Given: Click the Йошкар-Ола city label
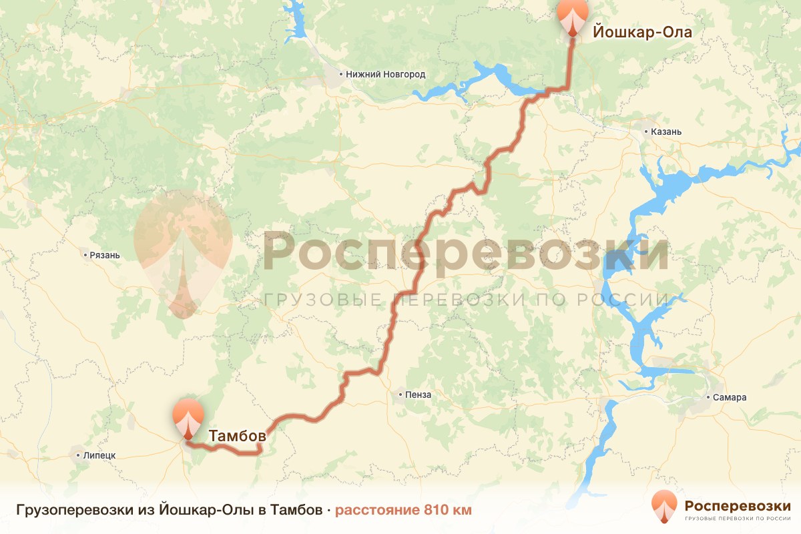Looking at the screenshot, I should tap(641, 31).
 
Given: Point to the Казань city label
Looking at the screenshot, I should tap(666, 132).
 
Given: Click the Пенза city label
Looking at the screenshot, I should tap(418, 394).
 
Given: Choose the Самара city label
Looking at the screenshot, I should tap(730, 398).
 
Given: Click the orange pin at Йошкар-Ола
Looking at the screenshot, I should tap(573, 16).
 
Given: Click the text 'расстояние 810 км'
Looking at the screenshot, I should tap(403, 511).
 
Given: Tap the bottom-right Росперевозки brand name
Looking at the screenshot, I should tap(738, 505).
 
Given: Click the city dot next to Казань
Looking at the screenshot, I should tap(647, 132).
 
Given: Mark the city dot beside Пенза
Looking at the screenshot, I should tap(400, 394).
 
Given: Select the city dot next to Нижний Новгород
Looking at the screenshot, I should tap(341, 75).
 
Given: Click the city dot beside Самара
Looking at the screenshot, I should tap(709, 398).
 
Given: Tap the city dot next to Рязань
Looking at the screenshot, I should tap(85, 255).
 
